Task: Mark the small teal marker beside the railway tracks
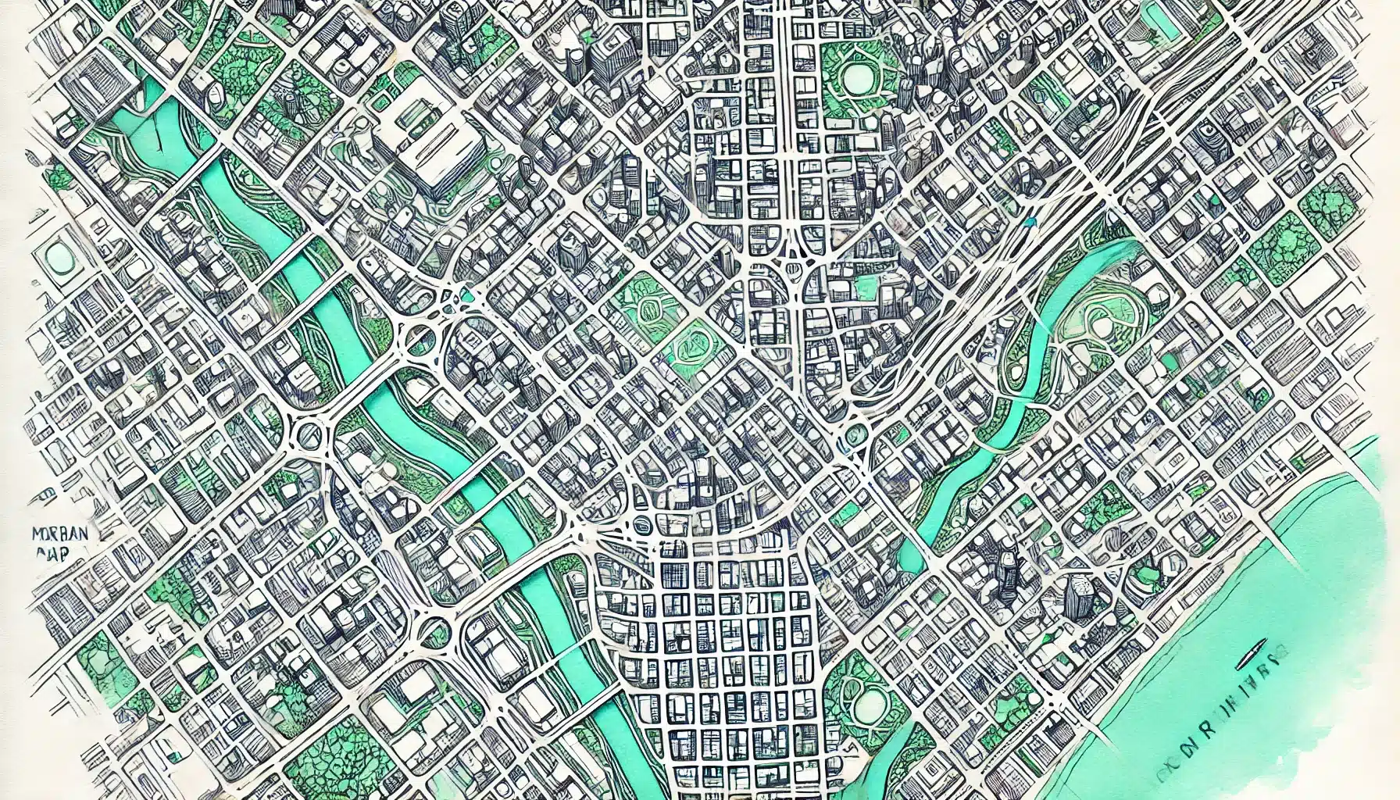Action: tap(1030, 222)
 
